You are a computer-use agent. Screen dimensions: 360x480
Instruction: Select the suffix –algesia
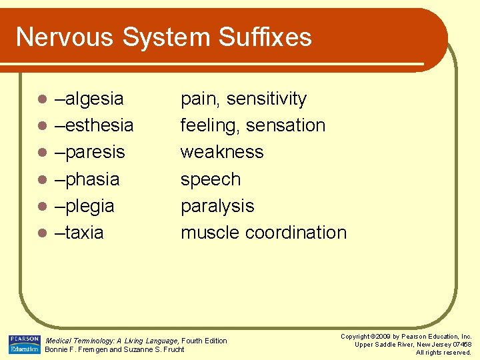[89, 99]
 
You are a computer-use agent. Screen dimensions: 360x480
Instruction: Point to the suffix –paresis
[90, 153]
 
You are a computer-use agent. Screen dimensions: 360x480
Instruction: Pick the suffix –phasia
[87, 179]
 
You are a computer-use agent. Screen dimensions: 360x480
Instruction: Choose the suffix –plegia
[85, 206]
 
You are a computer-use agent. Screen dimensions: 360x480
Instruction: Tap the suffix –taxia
[79, 233]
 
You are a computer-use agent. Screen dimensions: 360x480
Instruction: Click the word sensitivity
[267, 99]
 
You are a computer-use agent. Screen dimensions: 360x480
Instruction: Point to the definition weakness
[222, 152]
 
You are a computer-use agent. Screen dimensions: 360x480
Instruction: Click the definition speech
[211, 179]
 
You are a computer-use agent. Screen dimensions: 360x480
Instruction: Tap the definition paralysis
[217, 206]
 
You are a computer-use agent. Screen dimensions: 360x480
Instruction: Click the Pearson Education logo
[24, 344]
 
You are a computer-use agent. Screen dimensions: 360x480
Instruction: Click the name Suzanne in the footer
[135, 349]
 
